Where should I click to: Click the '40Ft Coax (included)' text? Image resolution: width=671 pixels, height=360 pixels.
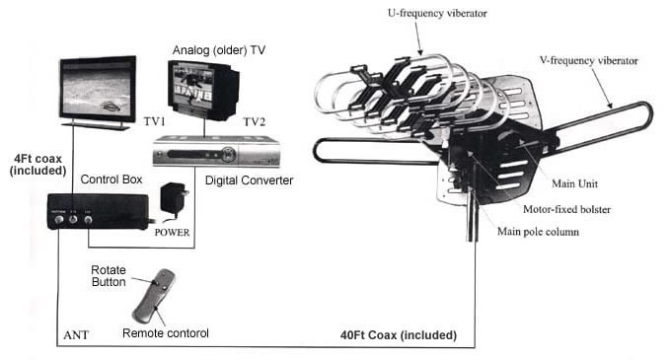(x=392, y=335)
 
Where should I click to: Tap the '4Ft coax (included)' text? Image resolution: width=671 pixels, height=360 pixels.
(x=38, y=164)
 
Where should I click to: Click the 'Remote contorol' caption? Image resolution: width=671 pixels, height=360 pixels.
(x=164, y=333)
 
